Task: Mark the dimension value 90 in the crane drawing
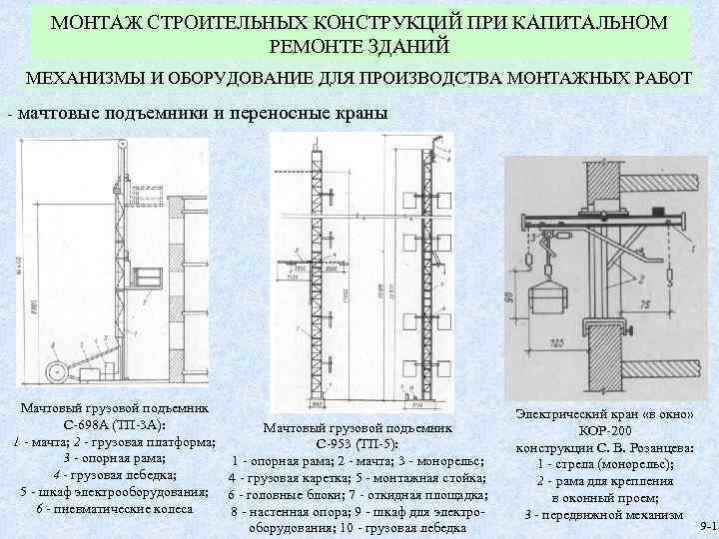pyautogui.click(x=510, y=297)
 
